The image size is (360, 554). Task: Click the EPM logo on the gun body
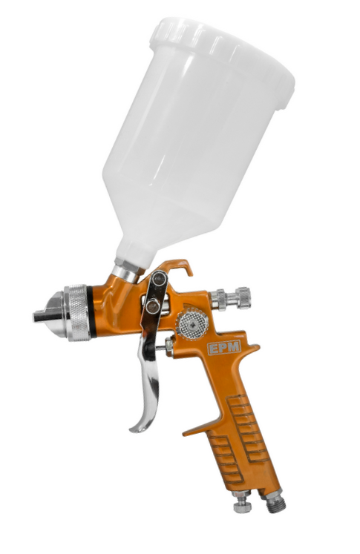224,347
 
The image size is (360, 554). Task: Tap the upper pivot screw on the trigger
160,278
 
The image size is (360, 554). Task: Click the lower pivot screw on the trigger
154,306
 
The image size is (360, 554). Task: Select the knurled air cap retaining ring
78,312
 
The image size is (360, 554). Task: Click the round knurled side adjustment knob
192,323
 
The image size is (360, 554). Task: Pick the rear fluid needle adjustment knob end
243,298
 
